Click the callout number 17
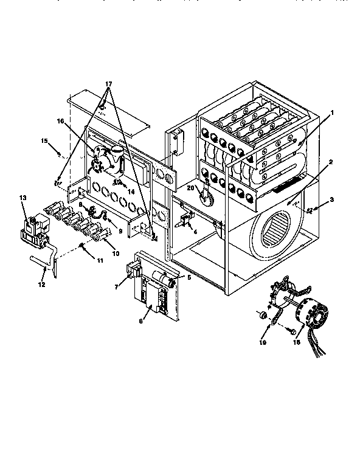coord(108,83)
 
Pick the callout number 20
coord(190,189)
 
